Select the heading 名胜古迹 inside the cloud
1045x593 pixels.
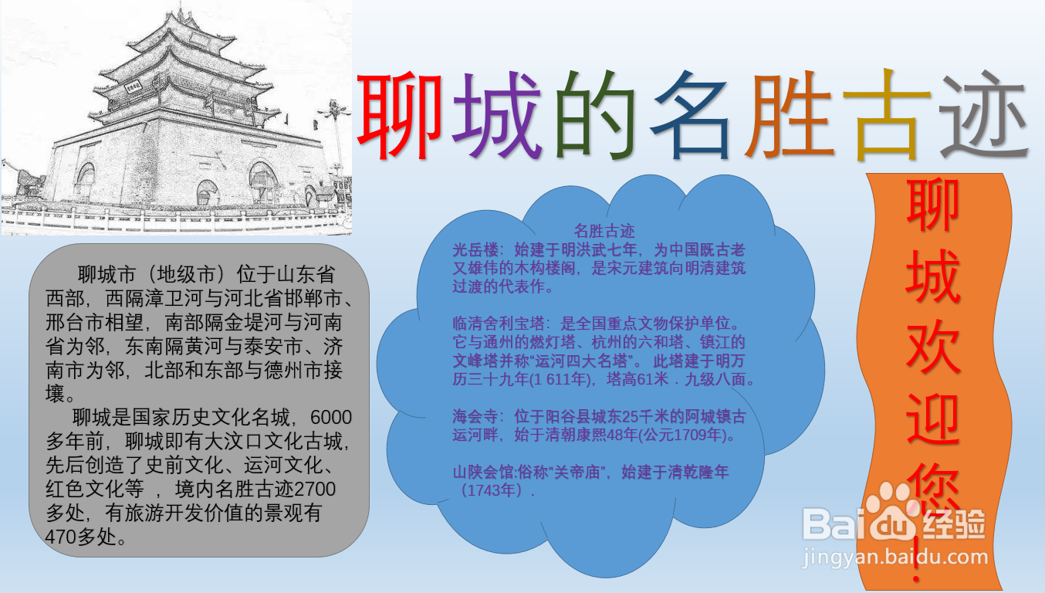click(x=604, y=231)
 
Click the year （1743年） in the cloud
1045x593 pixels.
click(x=494, y=490)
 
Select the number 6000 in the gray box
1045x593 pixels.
click(x=331, y=418)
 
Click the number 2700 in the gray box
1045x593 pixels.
click(x=315, y=489)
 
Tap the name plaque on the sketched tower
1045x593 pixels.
click(x=133, y=86)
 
